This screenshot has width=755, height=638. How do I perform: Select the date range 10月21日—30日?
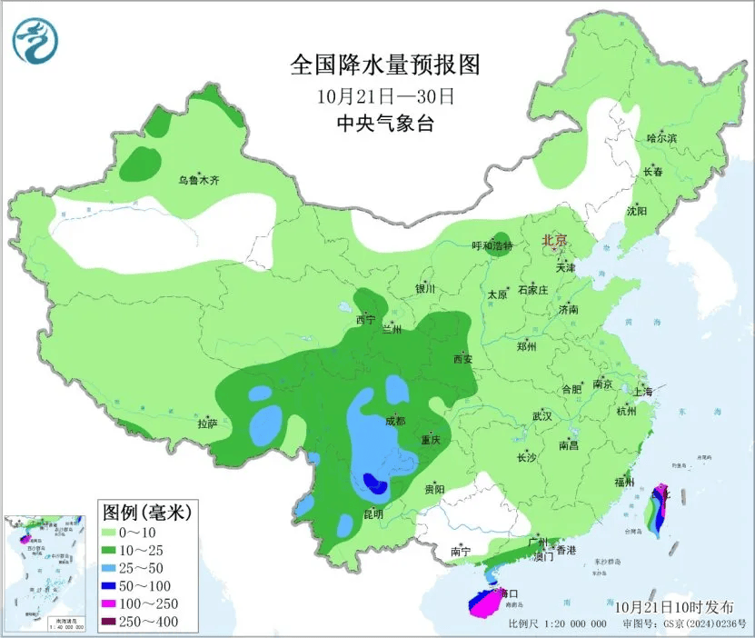(385, 95)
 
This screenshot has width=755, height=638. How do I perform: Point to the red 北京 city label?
(554, 241)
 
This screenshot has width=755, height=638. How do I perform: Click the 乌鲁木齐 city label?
(198, 181)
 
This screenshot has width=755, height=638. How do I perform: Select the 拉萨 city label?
(207, 423)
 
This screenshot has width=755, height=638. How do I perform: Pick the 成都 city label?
(395, 421)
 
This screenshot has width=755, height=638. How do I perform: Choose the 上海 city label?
(643, 391)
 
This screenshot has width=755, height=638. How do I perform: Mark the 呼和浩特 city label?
(492, 247)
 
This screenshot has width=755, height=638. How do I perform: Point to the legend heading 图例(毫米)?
(145, 512)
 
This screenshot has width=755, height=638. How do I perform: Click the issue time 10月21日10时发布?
(672, 605)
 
